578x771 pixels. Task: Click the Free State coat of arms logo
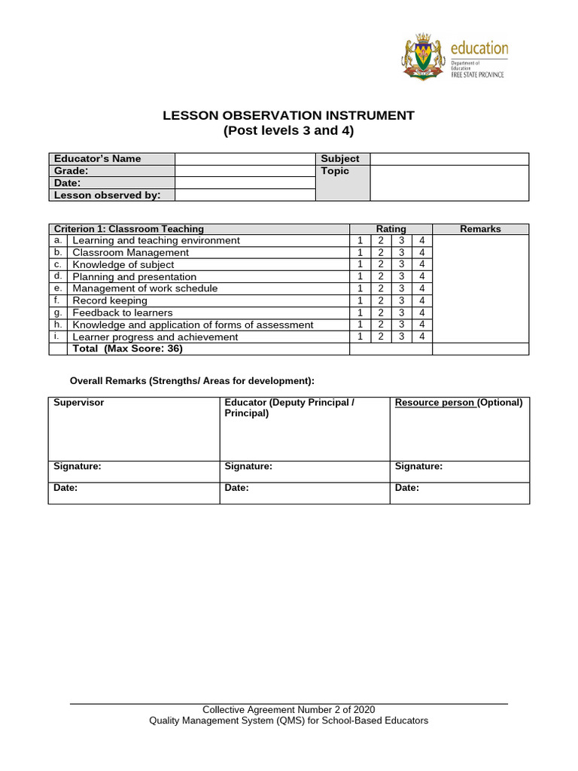tap(424, 56)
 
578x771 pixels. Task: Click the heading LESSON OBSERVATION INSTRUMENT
tap(289, 115)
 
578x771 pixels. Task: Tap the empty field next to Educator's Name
tap(245, 159)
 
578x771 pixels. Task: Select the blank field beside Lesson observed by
tap(245, 195)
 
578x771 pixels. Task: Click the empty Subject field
tap(449, 159)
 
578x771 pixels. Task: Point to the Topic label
tap(335, 171)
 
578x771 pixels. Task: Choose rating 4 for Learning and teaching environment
tap(422, 240)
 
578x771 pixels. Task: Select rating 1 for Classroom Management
tap(360, 252)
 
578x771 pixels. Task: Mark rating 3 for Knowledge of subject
tap(402, 264)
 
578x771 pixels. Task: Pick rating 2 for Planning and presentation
tap(381, 276)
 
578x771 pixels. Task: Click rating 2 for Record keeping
tap(381, 300)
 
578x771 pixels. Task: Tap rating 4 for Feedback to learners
tap(422, 312)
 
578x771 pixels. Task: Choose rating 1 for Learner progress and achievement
tap(360, 337)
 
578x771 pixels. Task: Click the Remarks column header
tap(480, 229)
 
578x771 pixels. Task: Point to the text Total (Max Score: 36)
tap(127, 349)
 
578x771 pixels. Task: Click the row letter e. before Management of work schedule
tap(58, 288)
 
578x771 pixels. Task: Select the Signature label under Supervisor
tap(78, 467)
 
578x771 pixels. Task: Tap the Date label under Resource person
tap(407, 488)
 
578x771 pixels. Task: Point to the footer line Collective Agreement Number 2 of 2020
tap(289, 710)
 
